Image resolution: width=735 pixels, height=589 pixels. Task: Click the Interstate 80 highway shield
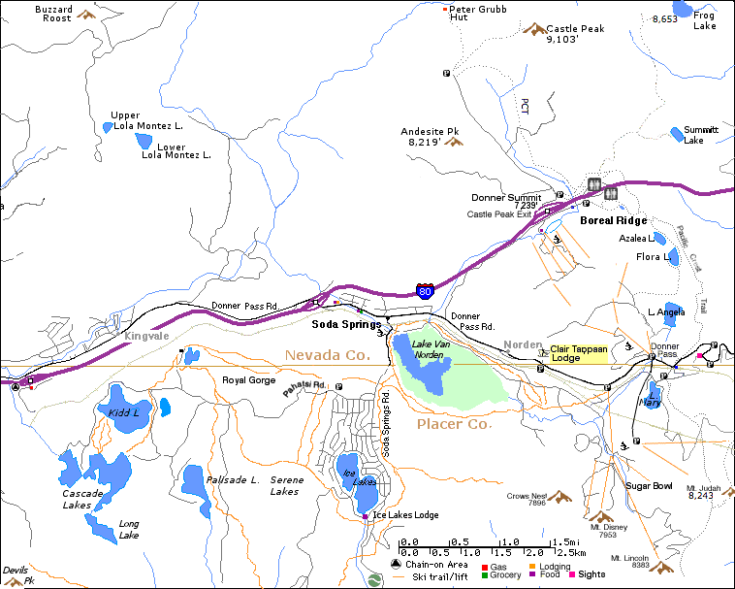425,290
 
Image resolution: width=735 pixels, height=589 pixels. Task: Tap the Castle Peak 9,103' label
575,34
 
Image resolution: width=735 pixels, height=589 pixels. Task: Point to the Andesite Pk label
430,136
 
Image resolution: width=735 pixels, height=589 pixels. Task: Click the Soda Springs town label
346,324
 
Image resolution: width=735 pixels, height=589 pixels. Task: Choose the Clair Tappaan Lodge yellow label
578,354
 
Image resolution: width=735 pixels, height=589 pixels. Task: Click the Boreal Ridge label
613,220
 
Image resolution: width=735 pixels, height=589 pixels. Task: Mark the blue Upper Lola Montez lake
107,127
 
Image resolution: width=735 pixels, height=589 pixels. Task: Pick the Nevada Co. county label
328,356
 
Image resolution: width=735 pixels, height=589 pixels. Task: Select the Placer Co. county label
455,424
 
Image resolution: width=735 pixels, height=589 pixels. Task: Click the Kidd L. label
124,412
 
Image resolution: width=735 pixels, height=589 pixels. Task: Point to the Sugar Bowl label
649,485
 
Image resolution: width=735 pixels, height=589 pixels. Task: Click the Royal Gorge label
249,380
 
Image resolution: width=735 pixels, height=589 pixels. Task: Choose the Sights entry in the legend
591,574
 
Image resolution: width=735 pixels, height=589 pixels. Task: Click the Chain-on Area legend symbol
396,565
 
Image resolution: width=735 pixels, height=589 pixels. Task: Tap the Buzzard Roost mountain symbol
86,15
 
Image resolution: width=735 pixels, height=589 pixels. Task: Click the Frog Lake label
705,20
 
